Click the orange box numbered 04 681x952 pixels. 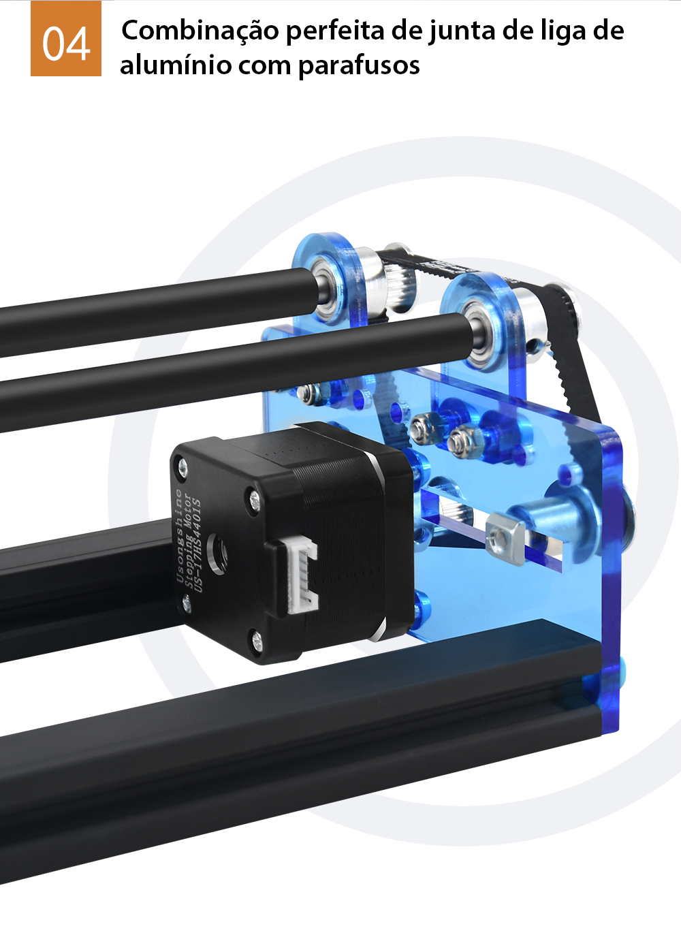click(x=66, y=38)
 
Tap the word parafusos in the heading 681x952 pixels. click(x=359, y=66)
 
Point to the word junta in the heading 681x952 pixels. click(x=462, y=31)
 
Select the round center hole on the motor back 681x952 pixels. click(x=218, y=554)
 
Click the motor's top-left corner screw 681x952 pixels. click(x=182, y=464)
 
